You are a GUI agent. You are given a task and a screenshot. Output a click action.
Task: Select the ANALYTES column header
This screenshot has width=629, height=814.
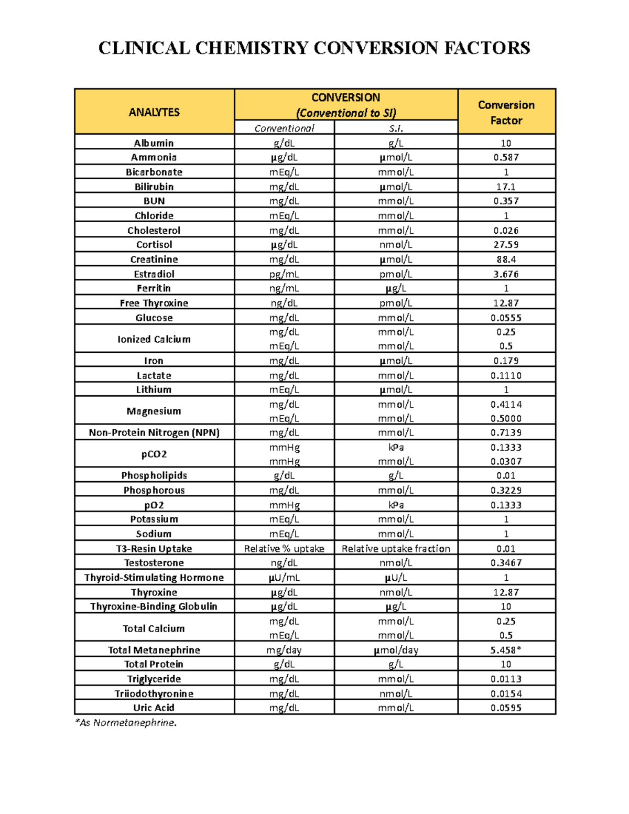click(154, 112)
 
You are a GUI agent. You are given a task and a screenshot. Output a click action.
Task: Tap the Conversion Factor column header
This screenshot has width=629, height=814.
click(506, 112)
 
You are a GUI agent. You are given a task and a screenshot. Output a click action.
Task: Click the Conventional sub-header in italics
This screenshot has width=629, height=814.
click(284, 128)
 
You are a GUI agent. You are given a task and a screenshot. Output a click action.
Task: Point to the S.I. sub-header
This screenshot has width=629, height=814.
click(396, 128)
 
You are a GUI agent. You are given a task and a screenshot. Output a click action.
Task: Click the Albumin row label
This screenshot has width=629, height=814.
click(154, 143)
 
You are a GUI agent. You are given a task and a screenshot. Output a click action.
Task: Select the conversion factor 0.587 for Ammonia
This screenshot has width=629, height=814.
click(506, 157)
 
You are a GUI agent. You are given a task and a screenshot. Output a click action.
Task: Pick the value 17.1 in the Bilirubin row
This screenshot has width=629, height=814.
click(506, 187)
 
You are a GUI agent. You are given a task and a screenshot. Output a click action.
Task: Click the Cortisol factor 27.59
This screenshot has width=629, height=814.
click(506, 245)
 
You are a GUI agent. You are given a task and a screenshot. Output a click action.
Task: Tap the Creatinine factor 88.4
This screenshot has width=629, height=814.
click(506, 259)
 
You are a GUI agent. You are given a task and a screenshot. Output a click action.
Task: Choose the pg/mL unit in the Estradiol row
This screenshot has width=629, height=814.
click(284, 274)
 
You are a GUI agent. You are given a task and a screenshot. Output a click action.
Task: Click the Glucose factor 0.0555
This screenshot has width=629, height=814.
click(506, 318)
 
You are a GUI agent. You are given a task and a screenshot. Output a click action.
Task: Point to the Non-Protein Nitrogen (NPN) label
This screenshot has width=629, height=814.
click(154, 432)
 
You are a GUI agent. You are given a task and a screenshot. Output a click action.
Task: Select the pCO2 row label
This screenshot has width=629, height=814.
click(154, 454)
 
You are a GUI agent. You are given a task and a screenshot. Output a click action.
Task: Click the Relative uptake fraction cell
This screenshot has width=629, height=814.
click(396, 549)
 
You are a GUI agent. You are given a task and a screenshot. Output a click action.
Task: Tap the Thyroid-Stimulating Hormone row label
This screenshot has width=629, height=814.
click(154, 578)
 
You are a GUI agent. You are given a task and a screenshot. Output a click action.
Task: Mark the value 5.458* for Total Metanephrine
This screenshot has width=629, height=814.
click(506, 650)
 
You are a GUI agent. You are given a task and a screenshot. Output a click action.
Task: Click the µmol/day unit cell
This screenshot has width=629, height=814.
click(396, 650)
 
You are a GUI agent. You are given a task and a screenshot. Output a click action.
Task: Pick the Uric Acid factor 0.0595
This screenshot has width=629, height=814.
click(506, 708)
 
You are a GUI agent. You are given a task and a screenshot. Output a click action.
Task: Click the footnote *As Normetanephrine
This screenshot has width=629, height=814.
click(126, 723)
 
